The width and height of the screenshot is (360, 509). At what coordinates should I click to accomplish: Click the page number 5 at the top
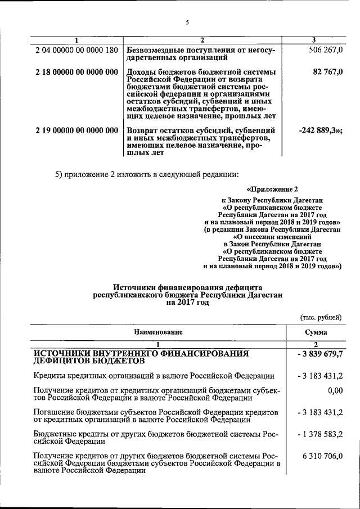pos(187,22)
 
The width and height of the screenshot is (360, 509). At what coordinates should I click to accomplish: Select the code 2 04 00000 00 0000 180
pos(76,51)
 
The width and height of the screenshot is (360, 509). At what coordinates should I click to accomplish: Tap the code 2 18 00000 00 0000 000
pos(76,72)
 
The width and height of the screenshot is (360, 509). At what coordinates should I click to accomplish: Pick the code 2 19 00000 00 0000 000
pos(76,130)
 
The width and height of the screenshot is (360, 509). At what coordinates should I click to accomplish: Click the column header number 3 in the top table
pos(314,39)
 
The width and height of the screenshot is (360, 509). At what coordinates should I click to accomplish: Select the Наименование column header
pos(159,332)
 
